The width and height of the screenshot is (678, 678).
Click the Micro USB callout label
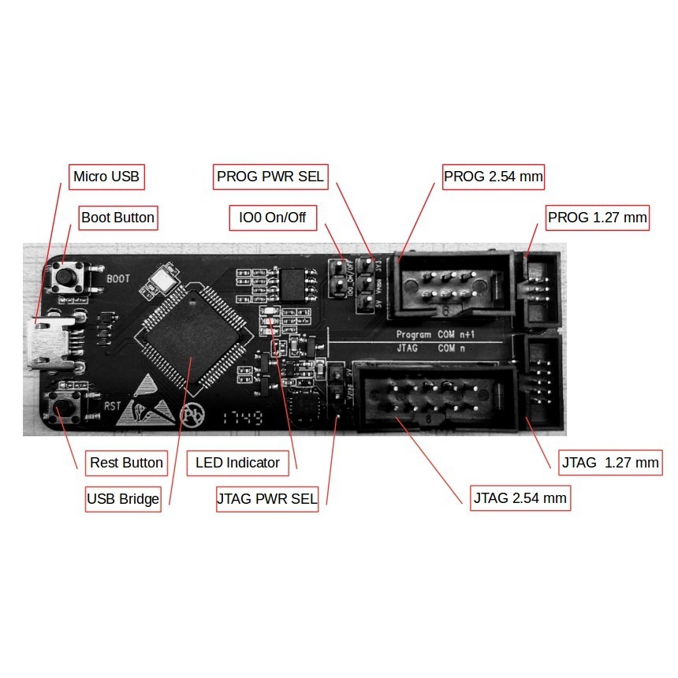tap(106, 177)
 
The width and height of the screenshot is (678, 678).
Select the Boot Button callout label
tap(118, 217)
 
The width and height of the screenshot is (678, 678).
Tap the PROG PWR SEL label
tap(270, 177)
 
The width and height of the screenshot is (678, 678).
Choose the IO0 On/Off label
tap(272, 217)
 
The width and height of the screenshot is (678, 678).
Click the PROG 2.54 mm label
tap(494, 177)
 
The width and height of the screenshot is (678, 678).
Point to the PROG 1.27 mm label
tap(598, 217)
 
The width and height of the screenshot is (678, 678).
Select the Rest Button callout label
tap(126, 463)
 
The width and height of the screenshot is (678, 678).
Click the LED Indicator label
tap(237, 463)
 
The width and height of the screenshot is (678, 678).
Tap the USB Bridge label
tap(123, 499)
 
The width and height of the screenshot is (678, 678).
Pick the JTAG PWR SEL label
tap(266, 499)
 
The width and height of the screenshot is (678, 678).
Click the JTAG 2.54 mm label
tap(520, 498)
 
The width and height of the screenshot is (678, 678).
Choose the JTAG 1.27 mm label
tap(610, 463)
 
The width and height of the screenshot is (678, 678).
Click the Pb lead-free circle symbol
tap(192, 415)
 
